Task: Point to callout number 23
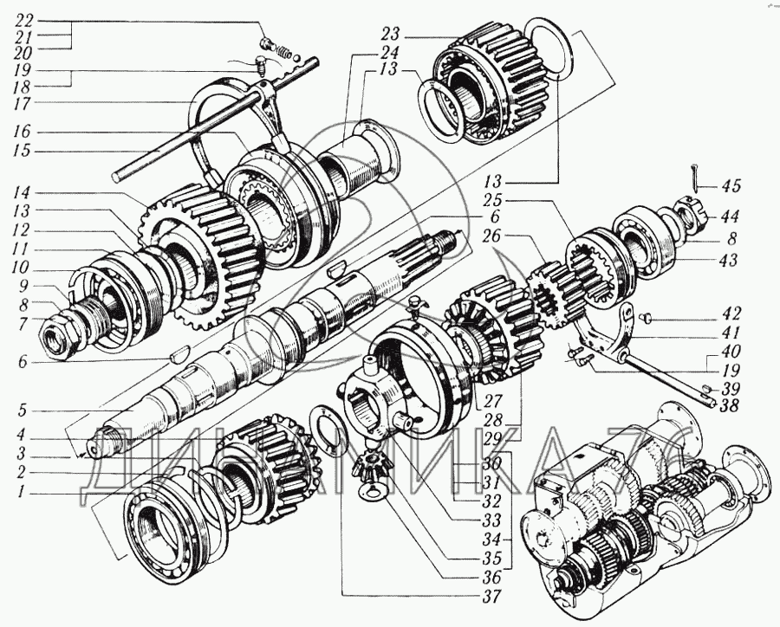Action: coord(389,36)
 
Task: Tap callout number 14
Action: coord(23,191)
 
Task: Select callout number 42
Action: coord(733,314)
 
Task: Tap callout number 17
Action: coord(23,102)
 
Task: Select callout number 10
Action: coord(23,266)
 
